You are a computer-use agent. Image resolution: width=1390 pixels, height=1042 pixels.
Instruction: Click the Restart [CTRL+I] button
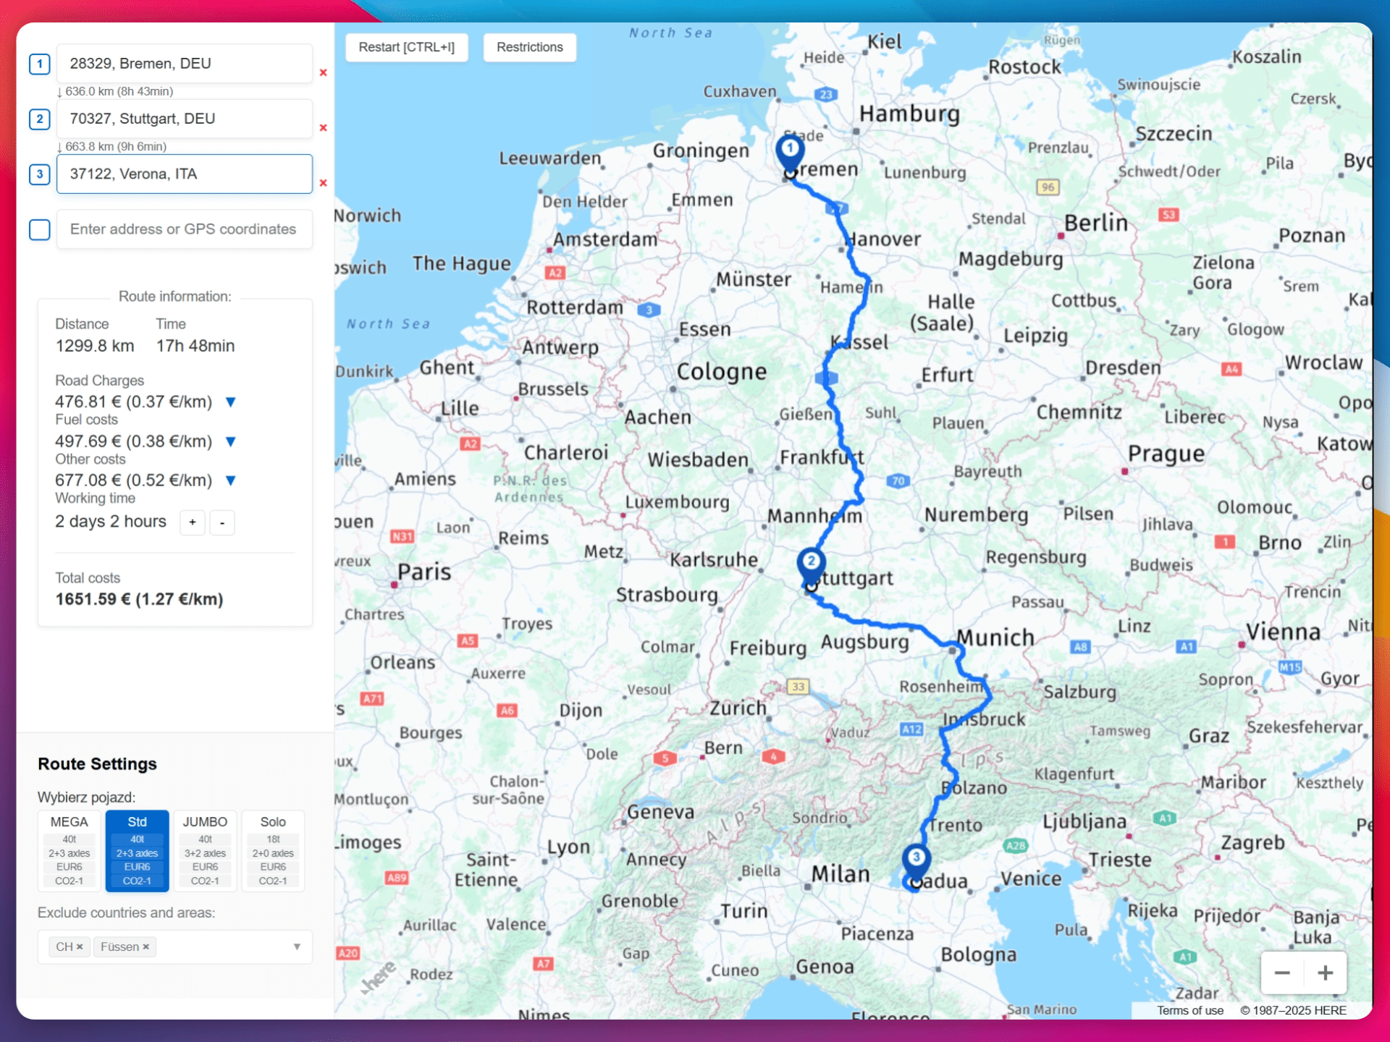[x=406, y=47]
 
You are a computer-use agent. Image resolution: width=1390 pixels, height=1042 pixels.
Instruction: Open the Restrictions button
[x=529, y=47]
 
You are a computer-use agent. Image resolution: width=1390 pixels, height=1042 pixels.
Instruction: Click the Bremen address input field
[x=184, y=64]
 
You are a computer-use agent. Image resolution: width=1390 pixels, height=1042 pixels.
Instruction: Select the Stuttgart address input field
[x=184, y=119]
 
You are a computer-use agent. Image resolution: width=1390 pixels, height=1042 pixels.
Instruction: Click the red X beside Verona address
[x=324, y=183]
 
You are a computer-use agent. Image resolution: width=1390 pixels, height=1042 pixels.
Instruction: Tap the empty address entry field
[x=184, y=229]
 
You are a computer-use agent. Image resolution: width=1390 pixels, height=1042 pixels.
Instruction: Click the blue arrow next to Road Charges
[x=231, y=402]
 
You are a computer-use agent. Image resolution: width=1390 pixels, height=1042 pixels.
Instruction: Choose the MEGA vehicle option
[x=69, y=850]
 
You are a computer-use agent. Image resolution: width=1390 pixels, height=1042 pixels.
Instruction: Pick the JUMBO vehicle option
[x=205, y=850]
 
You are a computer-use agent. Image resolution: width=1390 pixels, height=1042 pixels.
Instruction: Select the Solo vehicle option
[x=273, y=850]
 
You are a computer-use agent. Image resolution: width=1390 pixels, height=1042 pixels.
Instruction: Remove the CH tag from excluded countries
[x=80, y=946]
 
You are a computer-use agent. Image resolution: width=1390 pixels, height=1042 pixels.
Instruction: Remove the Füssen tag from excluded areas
[x=146, y=946]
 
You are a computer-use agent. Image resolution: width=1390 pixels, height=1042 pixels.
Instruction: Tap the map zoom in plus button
[x=1325, y=973]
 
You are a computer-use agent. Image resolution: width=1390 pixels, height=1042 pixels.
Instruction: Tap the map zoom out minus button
[x=1282, y=973]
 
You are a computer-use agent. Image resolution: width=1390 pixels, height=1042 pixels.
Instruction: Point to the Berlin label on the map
[x=1095, y=223]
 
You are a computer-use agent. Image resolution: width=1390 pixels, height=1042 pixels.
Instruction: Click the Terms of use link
[x=1189, y=1010]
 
